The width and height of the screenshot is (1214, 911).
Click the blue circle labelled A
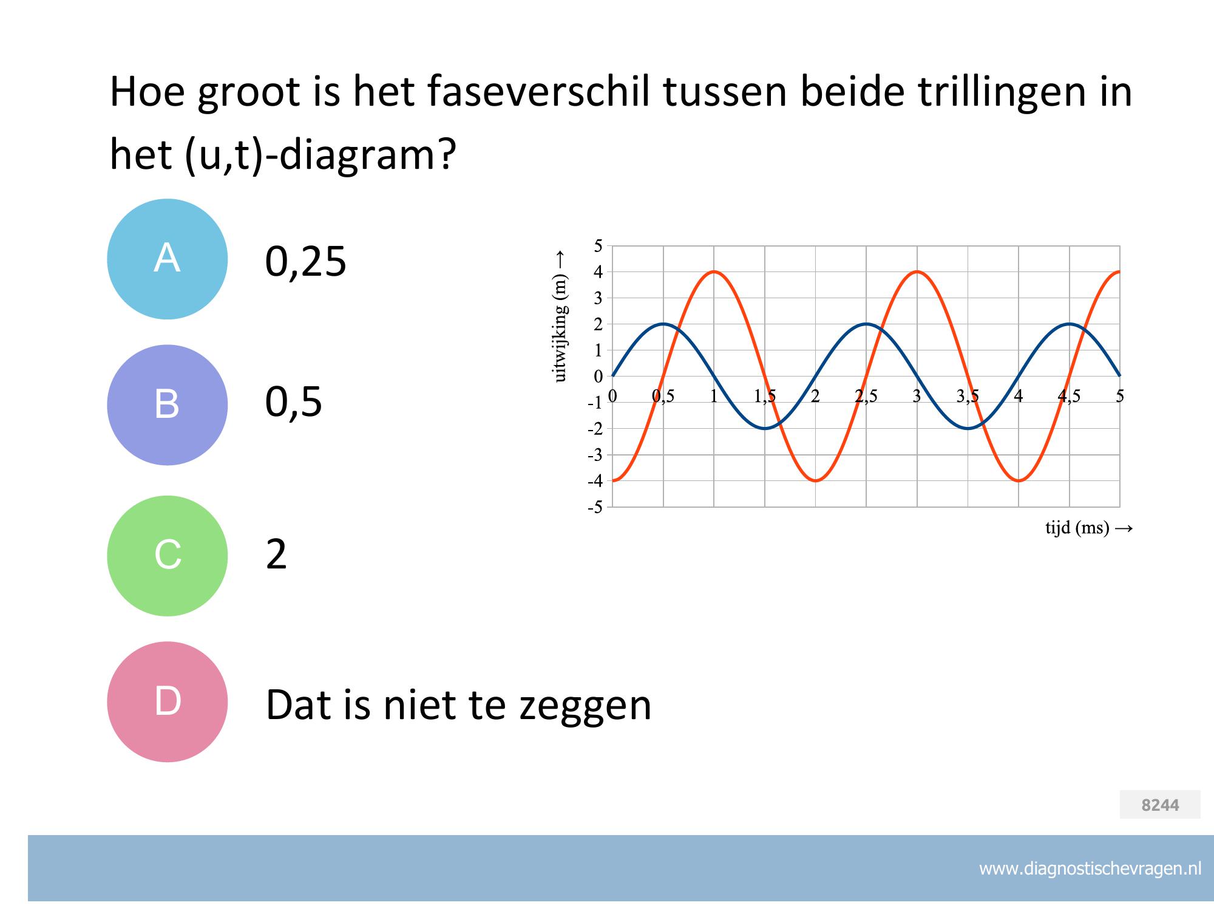pos(167,259)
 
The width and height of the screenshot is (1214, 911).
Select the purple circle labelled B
pos(167,404)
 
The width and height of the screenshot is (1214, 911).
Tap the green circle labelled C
pos(167,556)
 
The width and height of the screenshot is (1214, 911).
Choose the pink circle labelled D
pos(167,701)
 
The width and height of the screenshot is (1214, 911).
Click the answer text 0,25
pos(305,262)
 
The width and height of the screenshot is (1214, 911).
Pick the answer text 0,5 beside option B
pos(293,402)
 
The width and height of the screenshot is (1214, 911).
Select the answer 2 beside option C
pos(276,554)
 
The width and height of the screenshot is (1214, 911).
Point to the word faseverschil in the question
pos(538,92)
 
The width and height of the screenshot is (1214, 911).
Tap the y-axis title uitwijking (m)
pos(560,328)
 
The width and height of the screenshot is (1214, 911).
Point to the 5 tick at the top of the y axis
pos(599,246)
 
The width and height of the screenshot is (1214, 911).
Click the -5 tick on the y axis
pos(595,507)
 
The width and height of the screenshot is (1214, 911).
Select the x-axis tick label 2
pos(815,397)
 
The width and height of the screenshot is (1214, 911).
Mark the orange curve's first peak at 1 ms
pos(714,271)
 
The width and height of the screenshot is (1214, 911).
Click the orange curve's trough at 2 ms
pos(815,481)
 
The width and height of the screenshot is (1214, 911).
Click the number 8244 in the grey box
pos(1160,805)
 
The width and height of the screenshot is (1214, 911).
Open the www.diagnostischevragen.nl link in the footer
pos(1090,869)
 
